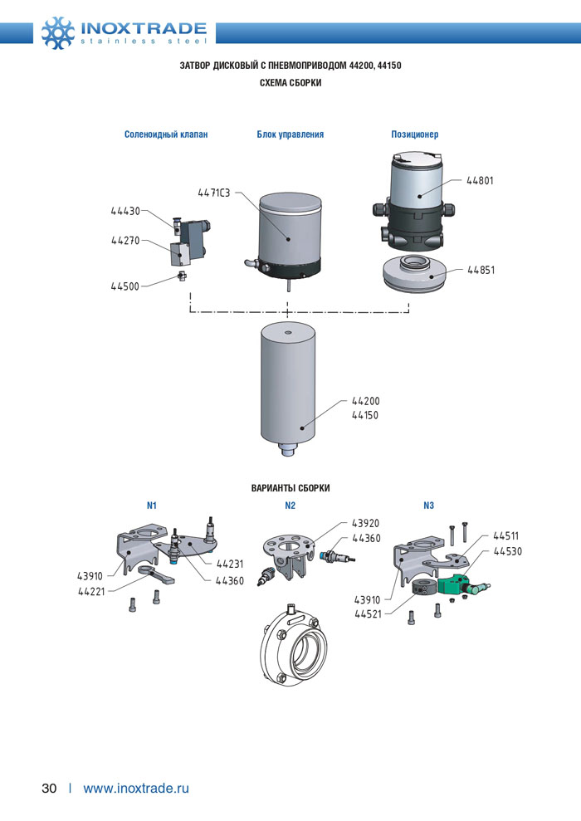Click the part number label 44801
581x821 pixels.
tap(480, 180)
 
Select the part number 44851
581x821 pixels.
tap(481, 270)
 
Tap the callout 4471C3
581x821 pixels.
tap(213, 193)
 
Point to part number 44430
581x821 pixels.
tap(125, 211)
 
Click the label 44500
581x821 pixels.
tap(125, 286)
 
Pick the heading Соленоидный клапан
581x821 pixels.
tap(166, 134)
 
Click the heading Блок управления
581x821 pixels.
tap(290, 134)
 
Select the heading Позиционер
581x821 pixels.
tap(414, 134)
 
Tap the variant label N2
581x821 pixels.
tap(290, 505)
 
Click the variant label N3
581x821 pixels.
tap(428, 505)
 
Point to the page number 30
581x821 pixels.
tap(49, 788)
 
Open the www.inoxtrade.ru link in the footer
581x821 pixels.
tap(136, 788)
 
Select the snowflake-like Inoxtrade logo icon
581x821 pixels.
tap(58, 32)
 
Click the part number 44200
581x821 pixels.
tap(365, 400)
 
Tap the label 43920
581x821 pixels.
tap(365, 524)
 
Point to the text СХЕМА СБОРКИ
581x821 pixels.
tap(290, 83)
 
